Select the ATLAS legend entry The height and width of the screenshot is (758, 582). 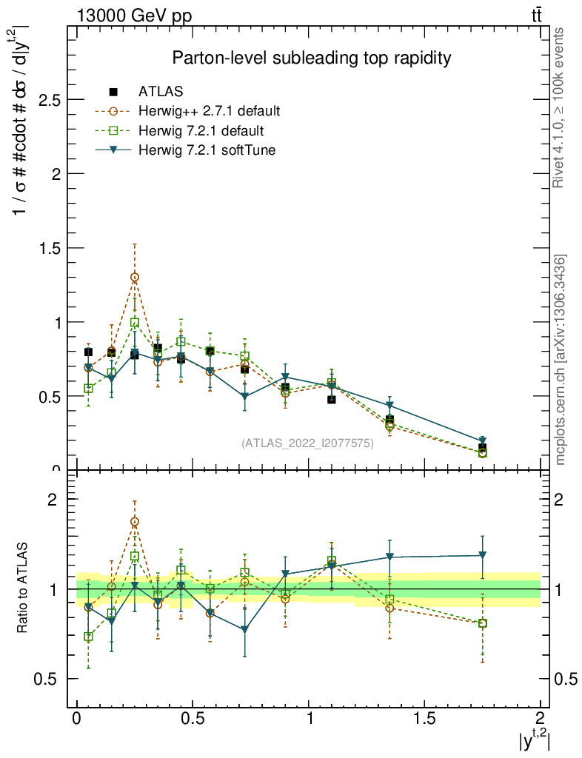pos(161,92)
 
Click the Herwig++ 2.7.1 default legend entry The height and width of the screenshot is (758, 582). pos(209,112)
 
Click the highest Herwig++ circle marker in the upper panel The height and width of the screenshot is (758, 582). pos(135,278)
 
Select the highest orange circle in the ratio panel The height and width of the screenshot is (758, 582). pos(135,522)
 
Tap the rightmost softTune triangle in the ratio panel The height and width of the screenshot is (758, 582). pos(482,555)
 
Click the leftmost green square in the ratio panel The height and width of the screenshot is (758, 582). pos(89,637)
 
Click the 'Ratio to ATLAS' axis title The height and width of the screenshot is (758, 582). pos(24,588)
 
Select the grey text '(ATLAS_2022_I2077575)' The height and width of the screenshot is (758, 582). pos(307,443)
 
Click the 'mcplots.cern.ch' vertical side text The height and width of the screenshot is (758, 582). pos(561,360)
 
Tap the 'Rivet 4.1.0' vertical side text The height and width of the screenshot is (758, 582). pos(561,107)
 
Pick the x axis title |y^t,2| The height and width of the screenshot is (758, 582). pos(534,739)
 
